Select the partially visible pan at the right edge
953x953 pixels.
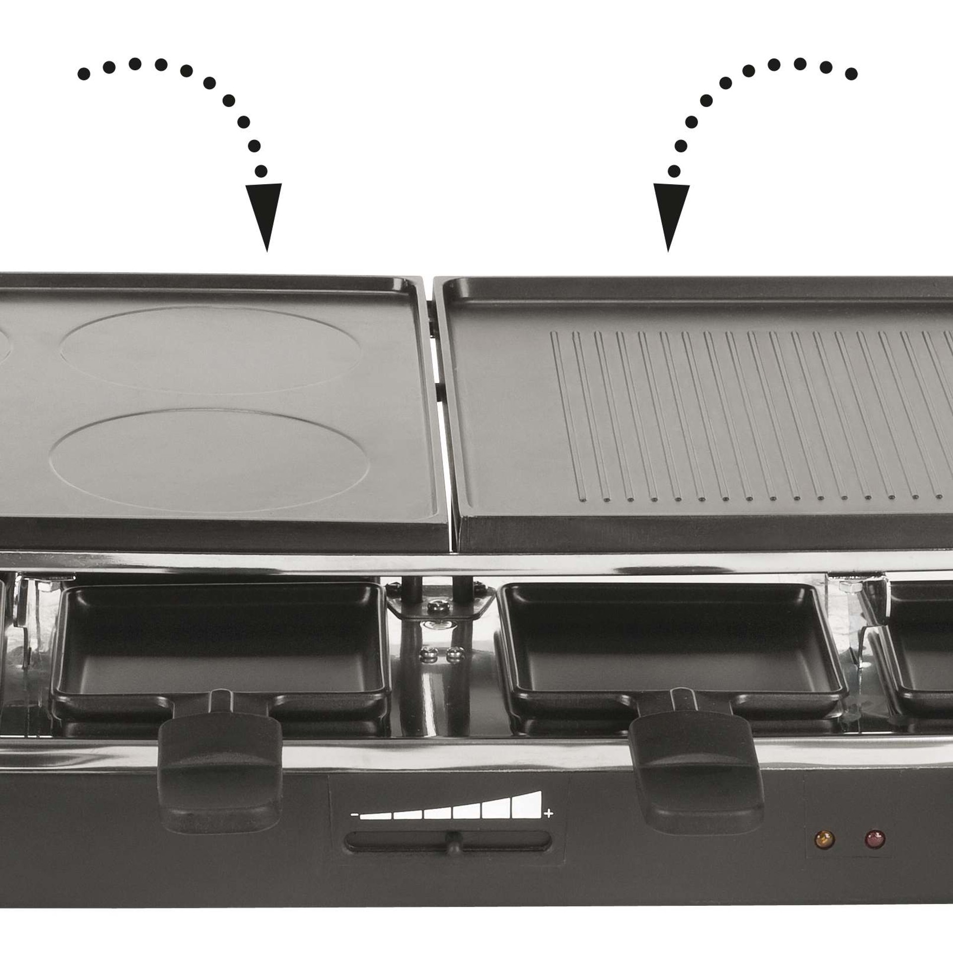pos(923,655)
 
